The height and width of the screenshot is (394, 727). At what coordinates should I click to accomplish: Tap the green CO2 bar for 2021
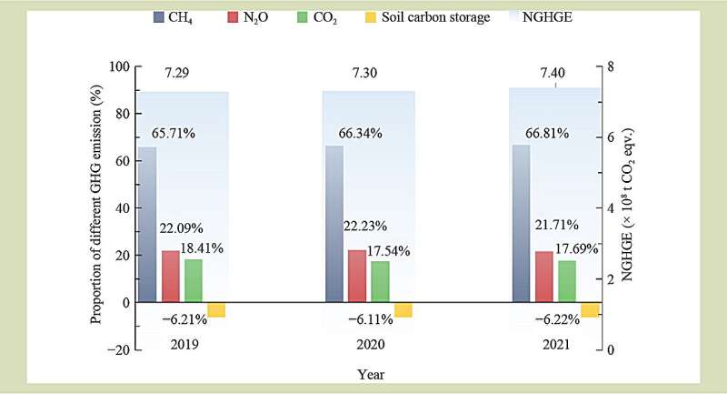[x=567, y=280]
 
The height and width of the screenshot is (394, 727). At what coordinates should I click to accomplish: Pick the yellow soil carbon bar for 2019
[x=216, y=309]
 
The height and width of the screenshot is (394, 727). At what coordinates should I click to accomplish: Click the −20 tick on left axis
[x=117, y=349]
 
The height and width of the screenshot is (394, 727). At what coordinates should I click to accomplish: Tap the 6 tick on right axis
[x=611, y=136]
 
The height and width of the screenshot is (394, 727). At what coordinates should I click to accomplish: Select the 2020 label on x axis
[x=368, y=345]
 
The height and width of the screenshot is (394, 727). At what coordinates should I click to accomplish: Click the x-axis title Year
[x=372, y=374]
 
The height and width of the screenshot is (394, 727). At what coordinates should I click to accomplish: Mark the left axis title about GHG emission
[x=95, y=207]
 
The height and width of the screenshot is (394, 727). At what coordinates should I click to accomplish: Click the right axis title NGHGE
[x=627, y=207]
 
